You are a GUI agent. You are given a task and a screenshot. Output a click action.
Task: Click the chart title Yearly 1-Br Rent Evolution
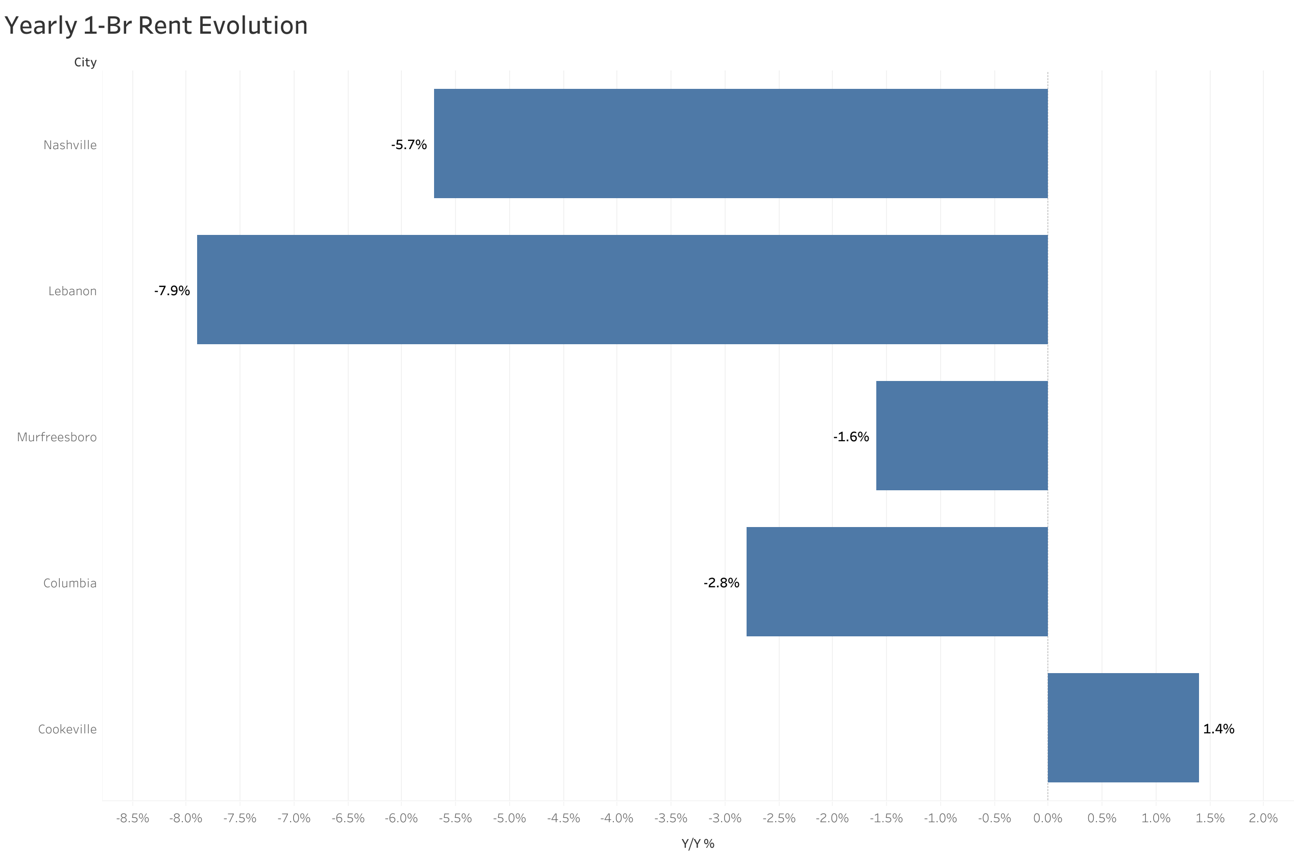coord(156,26)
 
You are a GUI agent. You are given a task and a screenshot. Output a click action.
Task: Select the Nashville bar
coord(740,144)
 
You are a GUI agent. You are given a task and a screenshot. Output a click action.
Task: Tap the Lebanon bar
coord(622,290)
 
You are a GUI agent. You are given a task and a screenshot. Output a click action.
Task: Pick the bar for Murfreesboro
coord(962,436)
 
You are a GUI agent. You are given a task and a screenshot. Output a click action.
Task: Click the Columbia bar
coord(897,582)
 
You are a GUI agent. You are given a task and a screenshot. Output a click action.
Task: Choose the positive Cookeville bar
coord(1123,728)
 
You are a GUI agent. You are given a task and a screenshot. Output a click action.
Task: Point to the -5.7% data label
coord(409,145)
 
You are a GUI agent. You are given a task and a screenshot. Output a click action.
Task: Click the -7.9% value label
coord(172,291)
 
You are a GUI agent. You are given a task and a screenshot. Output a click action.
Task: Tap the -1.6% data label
coord(851,437)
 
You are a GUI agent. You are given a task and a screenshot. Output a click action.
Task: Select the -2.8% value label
coord(721,583)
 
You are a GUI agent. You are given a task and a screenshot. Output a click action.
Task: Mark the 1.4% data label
coord(1218,729)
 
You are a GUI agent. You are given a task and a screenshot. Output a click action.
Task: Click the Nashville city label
coord(70,145)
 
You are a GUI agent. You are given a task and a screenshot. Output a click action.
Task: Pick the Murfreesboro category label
coord(57,437)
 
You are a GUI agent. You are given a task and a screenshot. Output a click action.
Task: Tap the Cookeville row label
coord(67,729)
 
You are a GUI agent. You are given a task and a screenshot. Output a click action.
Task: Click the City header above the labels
coord(85,62)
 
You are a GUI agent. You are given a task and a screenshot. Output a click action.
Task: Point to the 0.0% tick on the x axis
coord(1047,819)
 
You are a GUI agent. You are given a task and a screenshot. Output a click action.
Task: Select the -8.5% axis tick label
coord(133,819)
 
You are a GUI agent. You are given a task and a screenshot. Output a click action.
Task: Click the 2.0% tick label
coord(1263,819)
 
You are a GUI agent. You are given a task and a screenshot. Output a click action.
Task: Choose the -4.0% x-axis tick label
coord(616,819)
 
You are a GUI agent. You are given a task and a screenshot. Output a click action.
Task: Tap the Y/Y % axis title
coord(698,844)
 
